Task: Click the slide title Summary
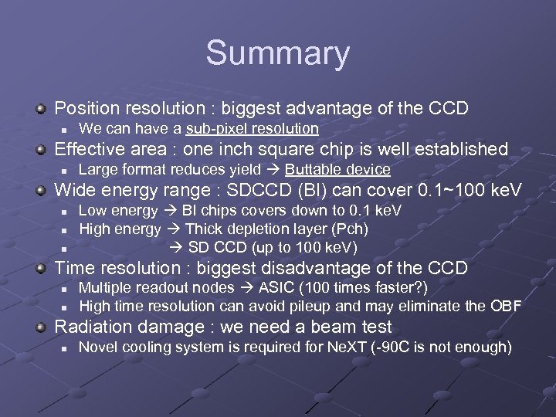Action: point(277,53)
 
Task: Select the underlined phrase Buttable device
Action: point(337,169)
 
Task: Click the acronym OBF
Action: point(505,306)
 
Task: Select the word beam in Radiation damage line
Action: point(336,327)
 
